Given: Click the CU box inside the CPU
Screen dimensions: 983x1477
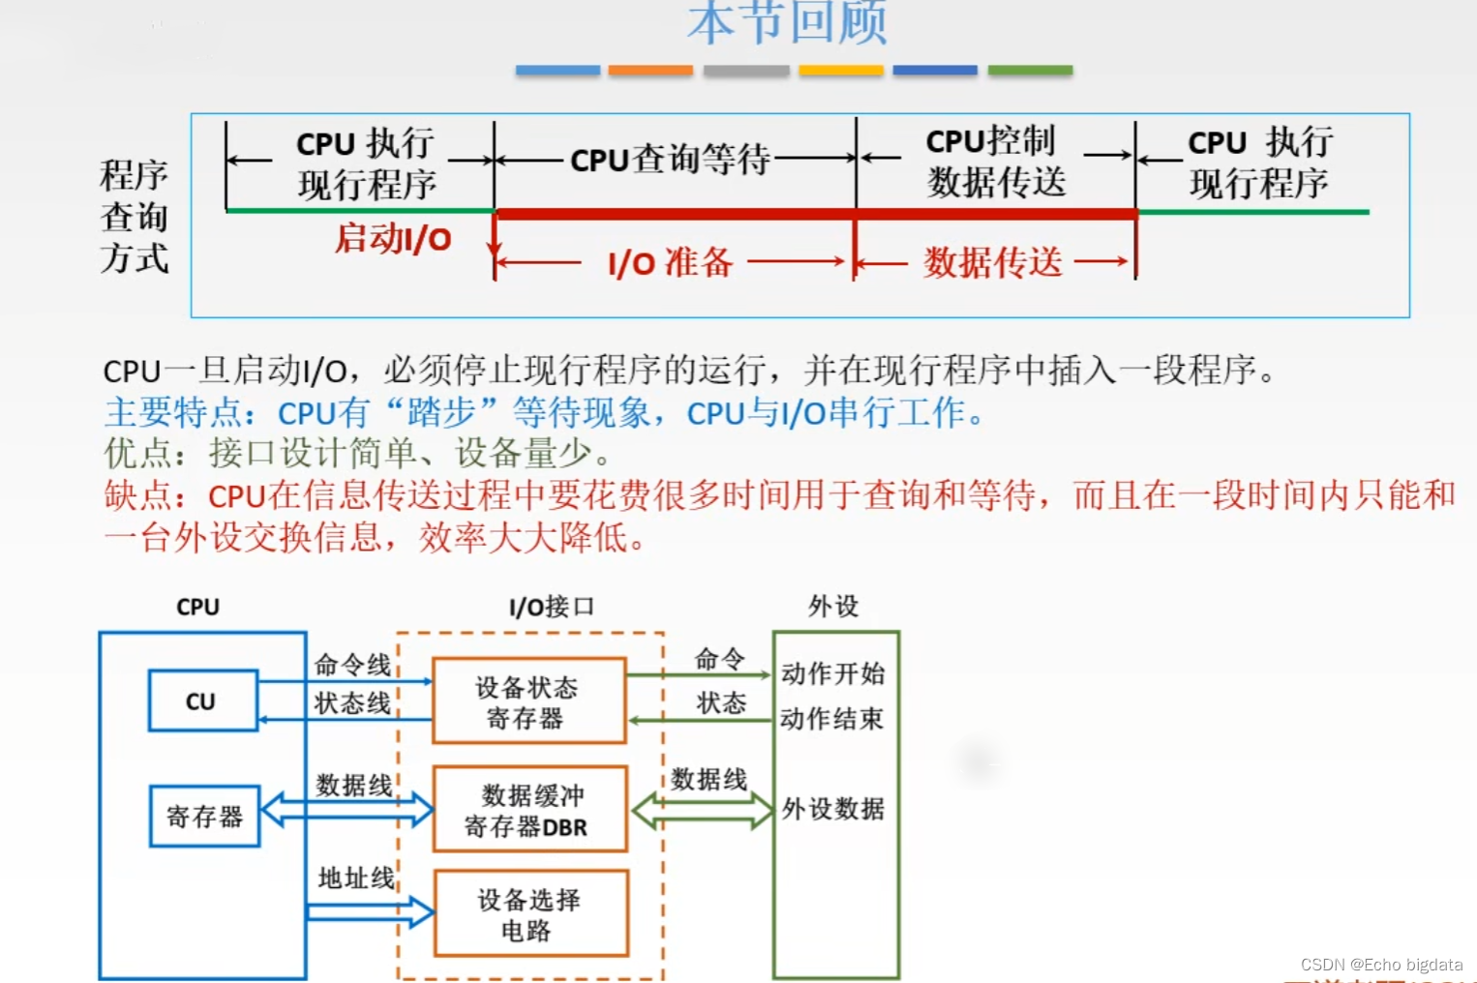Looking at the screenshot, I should coord(202,700).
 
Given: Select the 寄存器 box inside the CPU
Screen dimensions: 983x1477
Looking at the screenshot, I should coord(204,817).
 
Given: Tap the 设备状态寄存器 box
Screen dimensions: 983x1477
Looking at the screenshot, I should coord(528,701).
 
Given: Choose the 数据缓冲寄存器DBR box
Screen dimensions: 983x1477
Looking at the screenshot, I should coord(528,810).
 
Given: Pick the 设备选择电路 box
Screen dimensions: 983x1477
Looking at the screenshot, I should coord(530,914).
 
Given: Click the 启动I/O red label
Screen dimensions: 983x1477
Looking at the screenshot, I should coord(393,238).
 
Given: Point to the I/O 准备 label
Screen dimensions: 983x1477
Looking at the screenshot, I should coord(670,262).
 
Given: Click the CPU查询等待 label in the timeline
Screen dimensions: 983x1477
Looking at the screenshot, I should coord(670,159).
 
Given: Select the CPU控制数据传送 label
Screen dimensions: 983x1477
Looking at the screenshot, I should coord(995,162).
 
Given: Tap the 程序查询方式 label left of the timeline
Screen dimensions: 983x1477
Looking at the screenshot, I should coord(135,217).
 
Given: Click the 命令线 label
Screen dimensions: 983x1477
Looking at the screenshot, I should coord(352,665).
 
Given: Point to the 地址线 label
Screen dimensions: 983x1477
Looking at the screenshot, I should coord(356,878).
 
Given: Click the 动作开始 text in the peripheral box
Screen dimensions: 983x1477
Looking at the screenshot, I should coord(833,673).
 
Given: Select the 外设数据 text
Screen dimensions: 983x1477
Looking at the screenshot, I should coord(833,809).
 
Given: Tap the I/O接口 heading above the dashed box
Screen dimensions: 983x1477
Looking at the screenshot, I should coord(551,607).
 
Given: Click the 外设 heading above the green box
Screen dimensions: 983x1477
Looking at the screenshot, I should coord(833,607).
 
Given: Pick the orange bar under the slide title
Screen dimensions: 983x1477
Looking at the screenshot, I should coord(650,71).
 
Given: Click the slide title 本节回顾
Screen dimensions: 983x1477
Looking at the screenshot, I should coord(787,23).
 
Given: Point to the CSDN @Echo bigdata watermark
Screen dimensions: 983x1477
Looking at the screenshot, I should coord(1381,965).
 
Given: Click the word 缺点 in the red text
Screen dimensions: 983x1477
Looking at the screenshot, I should coord(138,495).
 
